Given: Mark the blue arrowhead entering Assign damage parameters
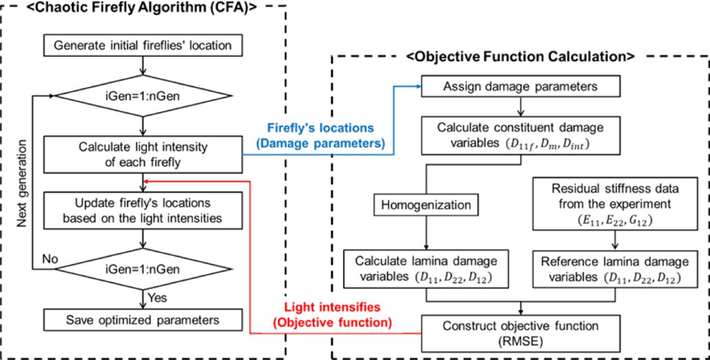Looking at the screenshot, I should coord(419,87).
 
